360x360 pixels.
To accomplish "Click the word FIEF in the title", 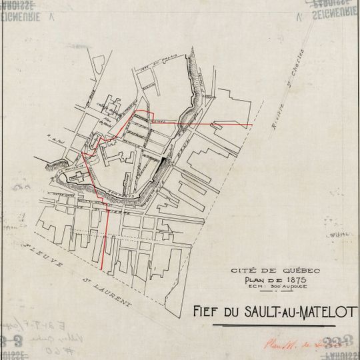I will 207,312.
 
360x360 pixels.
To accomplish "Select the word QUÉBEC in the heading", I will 302,269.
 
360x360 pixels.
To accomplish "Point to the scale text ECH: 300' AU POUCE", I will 275,285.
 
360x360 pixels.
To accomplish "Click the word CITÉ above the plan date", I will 243,270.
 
